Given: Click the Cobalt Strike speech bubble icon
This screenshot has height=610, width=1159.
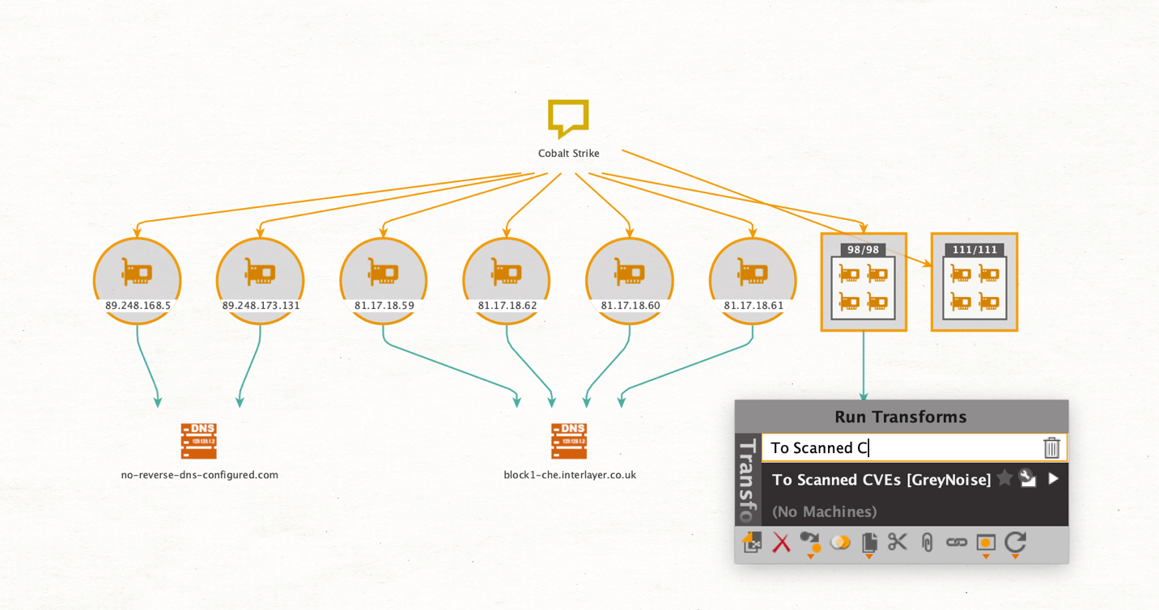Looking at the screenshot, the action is pos(568,118).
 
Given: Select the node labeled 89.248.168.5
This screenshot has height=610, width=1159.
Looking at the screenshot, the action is pos(137,281).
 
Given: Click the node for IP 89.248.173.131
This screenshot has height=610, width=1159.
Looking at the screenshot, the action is pos(261,281).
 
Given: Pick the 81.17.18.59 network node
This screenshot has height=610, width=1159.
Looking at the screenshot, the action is pos(384,281).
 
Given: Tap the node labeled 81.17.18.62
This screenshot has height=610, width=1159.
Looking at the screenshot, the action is pos(507,281).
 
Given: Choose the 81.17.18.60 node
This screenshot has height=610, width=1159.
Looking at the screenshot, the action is pos(630,281).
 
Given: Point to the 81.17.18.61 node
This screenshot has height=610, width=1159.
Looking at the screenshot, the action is pos(753,281).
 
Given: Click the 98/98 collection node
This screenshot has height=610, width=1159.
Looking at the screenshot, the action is pos(864,282).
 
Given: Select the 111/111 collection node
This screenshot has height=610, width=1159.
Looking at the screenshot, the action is pos(974,282).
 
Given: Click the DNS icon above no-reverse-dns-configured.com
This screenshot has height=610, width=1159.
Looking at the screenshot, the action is pos(198,442).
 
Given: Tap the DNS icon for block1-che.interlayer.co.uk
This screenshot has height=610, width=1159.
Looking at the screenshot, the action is pos(569,442).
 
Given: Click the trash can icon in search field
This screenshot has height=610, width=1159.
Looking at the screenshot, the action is pos(1051,447).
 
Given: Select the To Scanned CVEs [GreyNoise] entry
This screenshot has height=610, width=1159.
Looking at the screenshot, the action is pos(881,480).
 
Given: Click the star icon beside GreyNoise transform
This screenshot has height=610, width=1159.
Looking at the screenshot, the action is pos(1004,479).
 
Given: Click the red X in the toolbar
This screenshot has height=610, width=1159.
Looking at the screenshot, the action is pos(781,543).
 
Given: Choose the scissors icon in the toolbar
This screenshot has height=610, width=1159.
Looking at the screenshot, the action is pos(898,542).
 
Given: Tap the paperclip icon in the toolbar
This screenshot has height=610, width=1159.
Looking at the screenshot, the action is pos(928,543).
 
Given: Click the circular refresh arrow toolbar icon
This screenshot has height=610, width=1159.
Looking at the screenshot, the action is pos(1015,542).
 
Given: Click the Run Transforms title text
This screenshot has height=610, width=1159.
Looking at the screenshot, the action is pos(900,417).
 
